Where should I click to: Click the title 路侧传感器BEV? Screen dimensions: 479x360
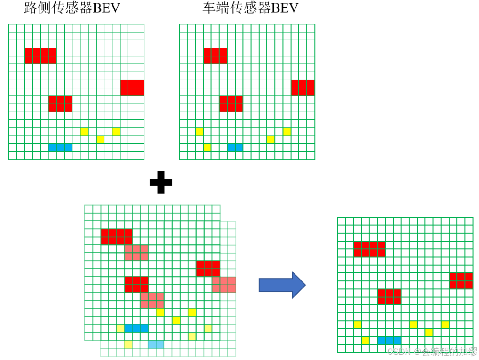[72, 9]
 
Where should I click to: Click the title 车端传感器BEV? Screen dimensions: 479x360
[250, 9]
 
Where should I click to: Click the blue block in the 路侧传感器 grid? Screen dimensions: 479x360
[60, 147]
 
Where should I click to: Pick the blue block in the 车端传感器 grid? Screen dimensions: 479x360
[235, 147]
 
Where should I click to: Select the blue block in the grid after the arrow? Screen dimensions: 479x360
[389, 340]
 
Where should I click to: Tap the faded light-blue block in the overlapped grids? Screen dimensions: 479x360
[156, 344]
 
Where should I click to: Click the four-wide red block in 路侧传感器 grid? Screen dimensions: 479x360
[40, 56]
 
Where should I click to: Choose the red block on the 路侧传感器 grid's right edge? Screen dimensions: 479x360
[132, 88]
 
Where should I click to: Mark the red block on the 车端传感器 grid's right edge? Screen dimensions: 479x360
[303, 88]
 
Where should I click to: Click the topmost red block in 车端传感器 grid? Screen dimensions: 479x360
[215, 56]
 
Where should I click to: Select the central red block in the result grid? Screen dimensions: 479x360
[389, 297]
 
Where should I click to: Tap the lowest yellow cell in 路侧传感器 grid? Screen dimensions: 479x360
[100, 139]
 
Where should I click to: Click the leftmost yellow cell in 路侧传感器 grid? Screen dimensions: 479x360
[84, 131]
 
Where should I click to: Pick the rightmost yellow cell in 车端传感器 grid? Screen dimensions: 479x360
[287, 131]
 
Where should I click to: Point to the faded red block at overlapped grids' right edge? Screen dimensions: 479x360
[224, 285]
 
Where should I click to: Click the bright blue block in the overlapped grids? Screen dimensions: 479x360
[136, 328]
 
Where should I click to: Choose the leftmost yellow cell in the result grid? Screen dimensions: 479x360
[357, 325]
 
